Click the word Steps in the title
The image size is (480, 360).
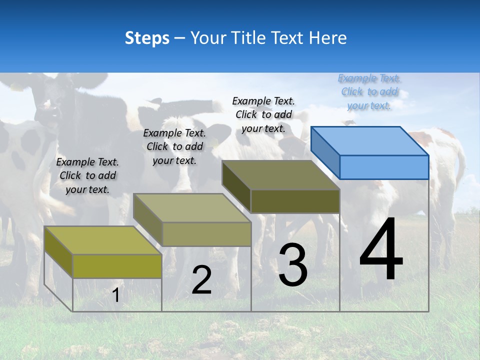tap(147, 38)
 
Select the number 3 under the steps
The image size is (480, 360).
tap(292, 264)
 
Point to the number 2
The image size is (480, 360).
tap(201, 280)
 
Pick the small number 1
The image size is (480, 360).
tap(115, 295)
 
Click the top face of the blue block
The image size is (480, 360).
tap(370, 140)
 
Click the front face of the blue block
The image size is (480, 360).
tap(384, 167)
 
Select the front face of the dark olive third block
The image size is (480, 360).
tap(295, 201)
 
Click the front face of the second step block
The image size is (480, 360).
tap(206, 234)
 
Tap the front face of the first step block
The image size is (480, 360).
tap(117, 266)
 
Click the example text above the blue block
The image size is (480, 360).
tap(369, 91)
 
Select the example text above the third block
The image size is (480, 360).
tap(263, 114)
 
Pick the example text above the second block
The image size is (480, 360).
tap(174, 146)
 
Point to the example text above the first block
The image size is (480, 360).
tap(87, 175)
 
